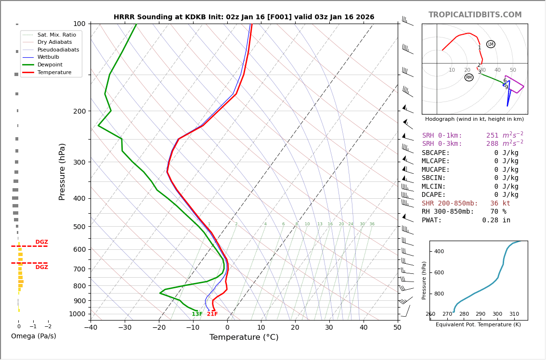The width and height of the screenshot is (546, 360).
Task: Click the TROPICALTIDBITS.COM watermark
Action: [475, 15]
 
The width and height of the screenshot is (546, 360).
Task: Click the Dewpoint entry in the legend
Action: [50, 64]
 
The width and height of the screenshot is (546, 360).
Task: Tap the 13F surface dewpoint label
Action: [197, 314]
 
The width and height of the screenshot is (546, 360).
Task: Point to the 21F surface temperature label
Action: [212, 314]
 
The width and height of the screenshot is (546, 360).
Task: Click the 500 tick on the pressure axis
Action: [79, 227]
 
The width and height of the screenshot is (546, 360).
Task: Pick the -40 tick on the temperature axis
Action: [91, 328]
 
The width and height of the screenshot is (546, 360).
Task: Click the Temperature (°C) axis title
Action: [244, 337]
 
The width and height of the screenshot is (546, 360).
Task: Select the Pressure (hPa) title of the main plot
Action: [62, 171]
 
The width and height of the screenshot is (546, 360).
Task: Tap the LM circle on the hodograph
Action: [491, 44]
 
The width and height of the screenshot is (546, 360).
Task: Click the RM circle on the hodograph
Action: [469, 77]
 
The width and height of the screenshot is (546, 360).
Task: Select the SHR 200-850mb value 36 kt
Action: [500, 204]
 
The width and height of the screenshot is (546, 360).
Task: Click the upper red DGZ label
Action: [41, 242]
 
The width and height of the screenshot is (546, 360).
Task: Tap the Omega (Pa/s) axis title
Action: [33, 336]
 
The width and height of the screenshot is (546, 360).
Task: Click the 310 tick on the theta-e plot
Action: [514, 314]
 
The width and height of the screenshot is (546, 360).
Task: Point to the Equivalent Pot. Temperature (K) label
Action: [479, 325]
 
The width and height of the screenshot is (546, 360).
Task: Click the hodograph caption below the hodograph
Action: [474, 119]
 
